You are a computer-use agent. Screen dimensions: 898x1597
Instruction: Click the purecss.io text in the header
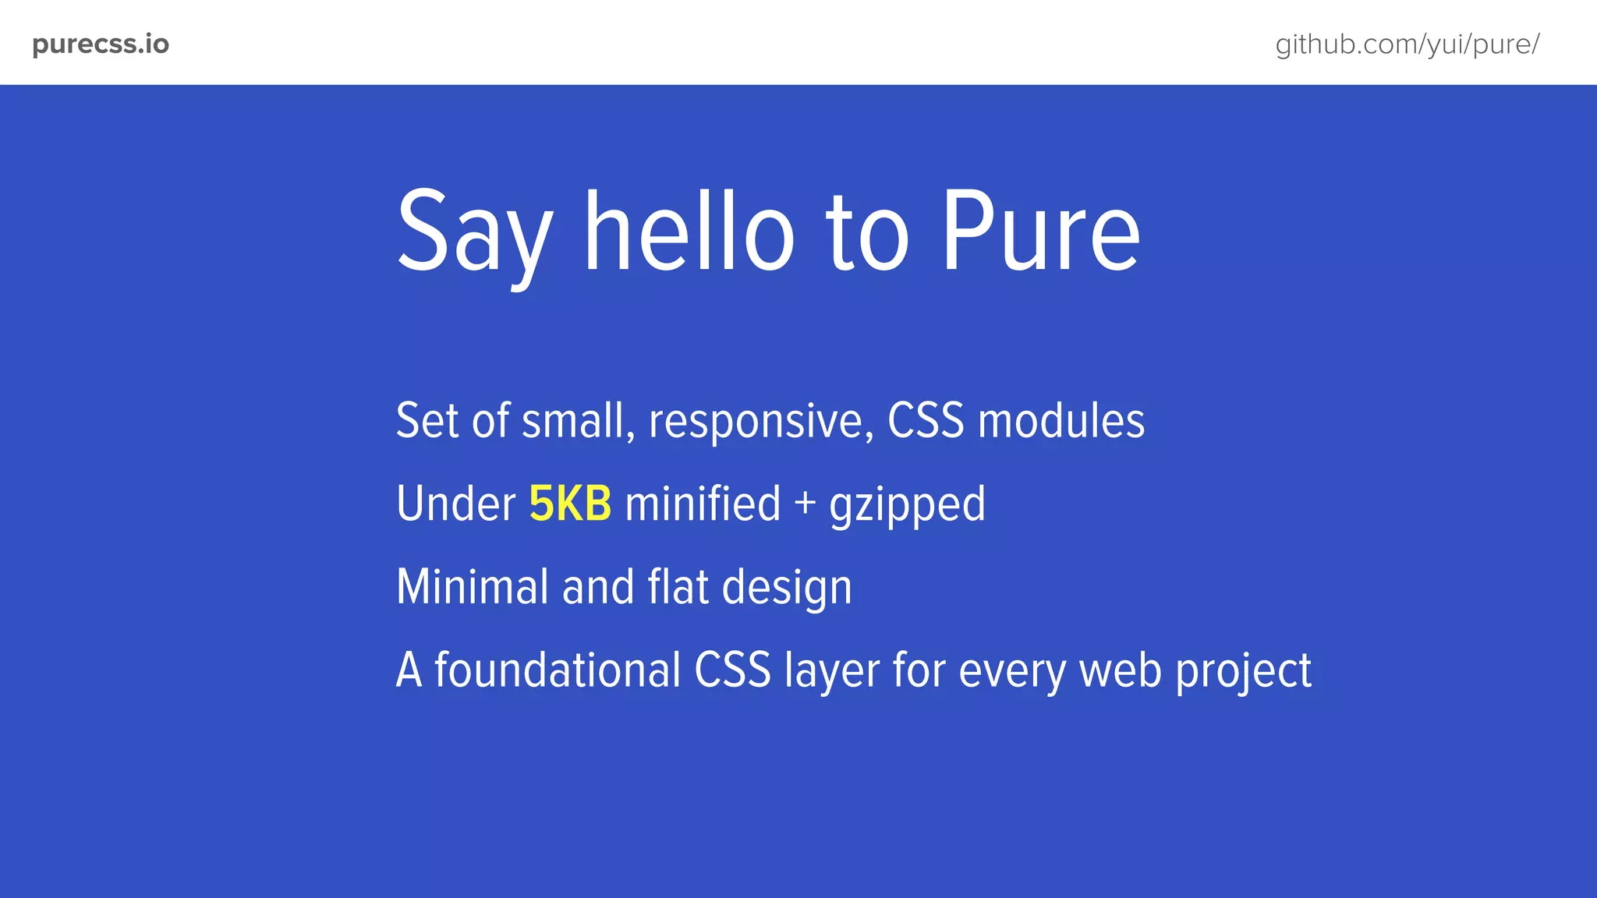[x=101, y=44]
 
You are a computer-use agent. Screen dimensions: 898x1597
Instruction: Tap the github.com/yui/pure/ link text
[x=1407, y=44]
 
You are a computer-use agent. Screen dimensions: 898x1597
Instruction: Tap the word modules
[x=1061, y=421]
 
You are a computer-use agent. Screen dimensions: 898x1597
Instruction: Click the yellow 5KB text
[x=570, y=504]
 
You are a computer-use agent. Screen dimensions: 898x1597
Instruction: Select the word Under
[x=455, y=504]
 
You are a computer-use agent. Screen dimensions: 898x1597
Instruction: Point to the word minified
[x=703, y=504]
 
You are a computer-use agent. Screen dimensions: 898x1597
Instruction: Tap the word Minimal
[x=472, y=587]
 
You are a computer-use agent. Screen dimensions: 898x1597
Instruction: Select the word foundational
[x=558, y=670]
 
